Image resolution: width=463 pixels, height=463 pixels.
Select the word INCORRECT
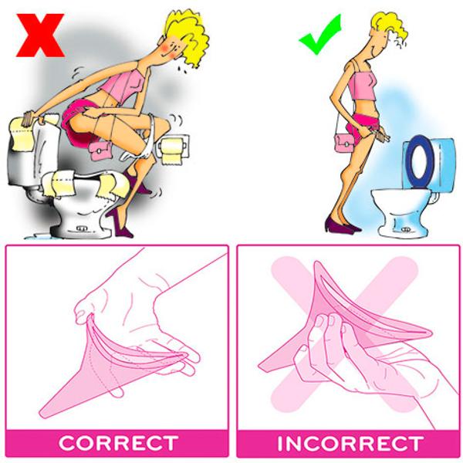[350, 444]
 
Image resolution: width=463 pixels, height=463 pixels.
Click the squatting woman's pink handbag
[100, 148]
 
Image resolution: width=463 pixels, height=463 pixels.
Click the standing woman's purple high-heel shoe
[339, 225]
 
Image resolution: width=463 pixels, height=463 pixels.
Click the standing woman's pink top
[363, 81]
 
